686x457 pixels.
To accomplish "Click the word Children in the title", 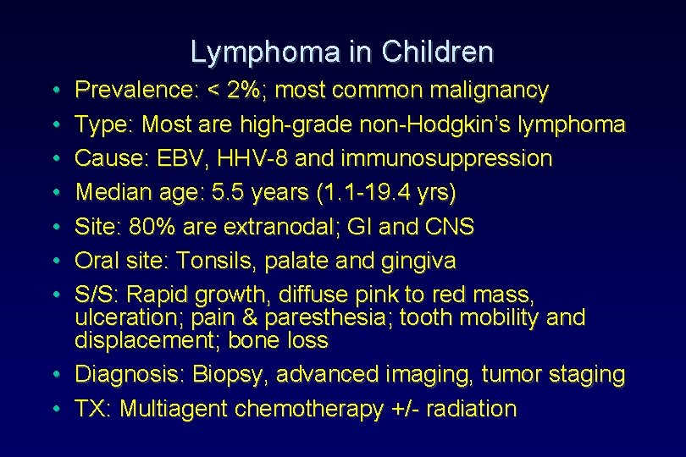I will click(x=437, y=52).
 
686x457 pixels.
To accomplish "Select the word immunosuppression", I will click(x=439, y=158).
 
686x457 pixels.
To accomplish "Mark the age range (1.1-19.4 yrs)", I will click(x=385, y=193).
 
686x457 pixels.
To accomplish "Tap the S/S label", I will click(x=98, y=295).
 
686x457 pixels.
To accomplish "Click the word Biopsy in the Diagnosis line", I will click(x=230, y=374).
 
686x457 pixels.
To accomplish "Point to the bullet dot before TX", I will click(x=54, y=409).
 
